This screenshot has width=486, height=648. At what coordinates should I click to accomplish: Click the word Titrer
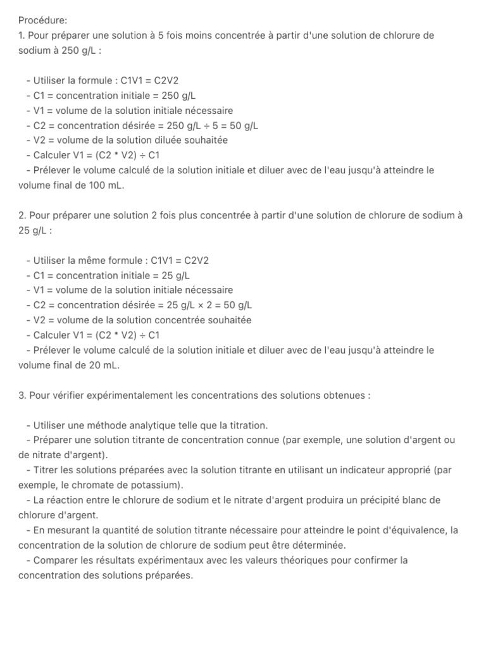46,470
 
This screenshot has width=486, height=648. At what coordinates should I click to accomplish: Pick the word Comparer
55,560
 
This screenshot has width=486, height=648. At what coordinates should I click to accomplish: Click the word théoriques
301,560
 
